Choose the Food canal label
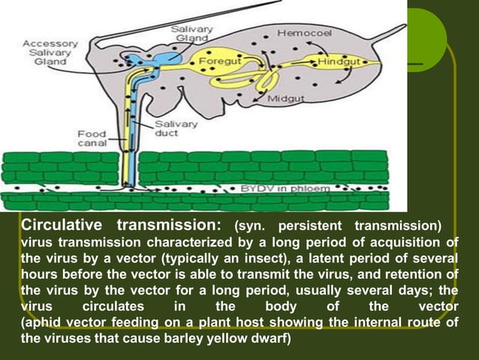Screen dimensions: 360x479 coord(92,138)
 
